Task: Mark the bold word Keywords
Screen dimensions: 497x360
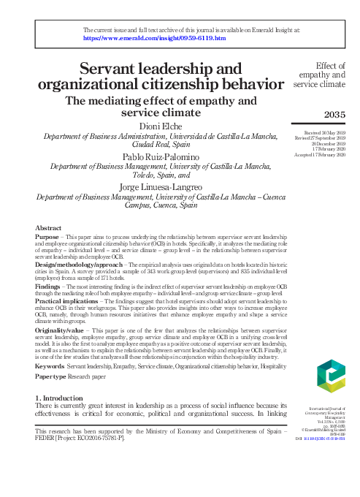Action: click(x=50, y=365)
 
